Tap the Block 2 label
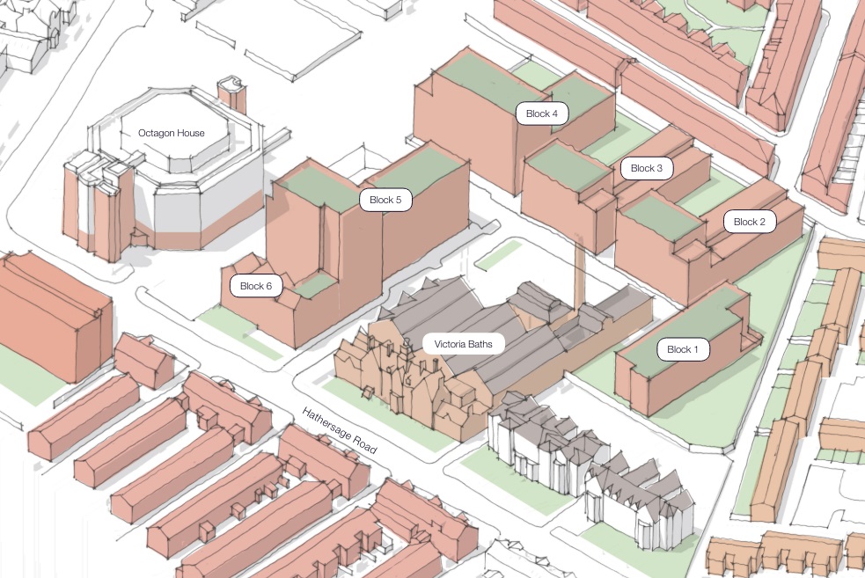tap(750, 222)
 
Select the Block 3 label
tap(647, 168)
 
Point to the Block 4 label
tap(542, 113)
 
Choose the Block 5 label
tap(385, 200)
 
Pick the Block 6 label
tap(256, 286)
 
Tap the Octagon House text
tap(172, 133)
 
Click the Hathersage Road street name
tap(339, 431)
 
